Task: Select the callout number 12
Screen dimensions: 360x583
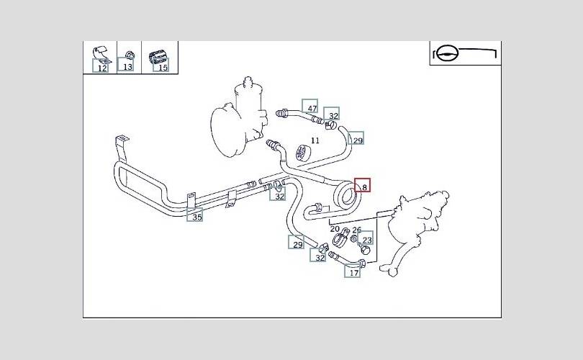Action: (x=101, y=68)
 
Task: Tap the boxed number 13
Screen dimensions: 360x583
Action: (x=127, y=67)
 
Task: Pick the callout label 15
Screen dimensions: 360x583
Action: (x=162, y=68)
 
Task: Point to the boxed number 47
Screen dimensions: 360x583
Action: (x=311, y=109)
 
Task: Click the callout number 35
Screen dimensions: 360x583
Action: (x=196, y=215)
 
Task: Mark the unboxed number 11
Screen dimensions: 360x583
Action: (x=315, y=140)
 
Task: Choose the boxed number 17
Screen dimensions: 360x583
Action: (x=353, y=272)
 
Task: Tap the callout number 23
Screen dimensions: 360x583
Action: (x=367, y=240)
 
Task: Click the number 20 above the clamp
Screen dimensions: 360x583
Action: (x=335, y=230)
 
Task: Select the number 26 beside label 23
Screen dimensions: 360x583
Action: (x=356, y=230)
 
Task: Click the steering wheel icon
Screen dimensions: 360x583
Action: (x=447, y=54)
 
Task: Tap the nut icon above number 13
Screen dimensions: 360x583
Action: (x=128, y=54)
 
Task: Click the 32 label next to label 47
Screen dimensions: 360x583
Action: (x=333, y=116)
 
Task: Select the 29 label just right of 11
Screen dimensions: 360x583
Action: (x=357, y=139)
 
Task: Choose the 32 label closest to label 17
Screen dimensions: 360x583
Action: (x=320, y=257)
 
